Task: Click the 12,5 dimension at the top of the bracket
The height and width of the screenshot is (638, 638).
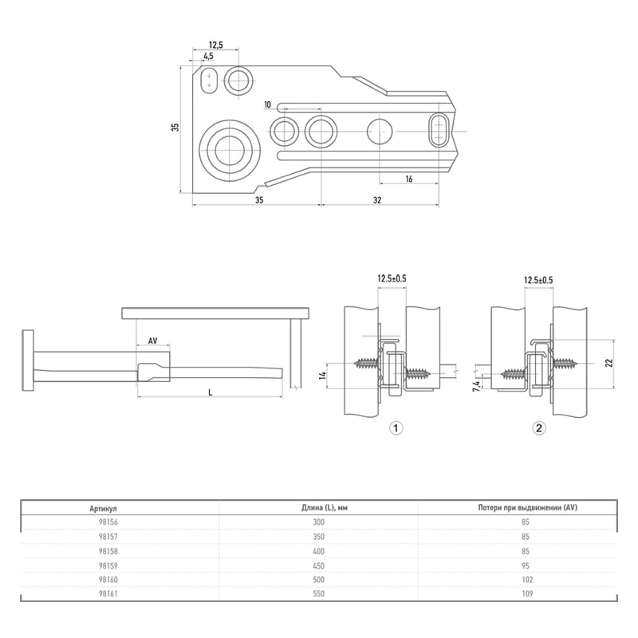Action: pyautogui.click(x=215, y=45)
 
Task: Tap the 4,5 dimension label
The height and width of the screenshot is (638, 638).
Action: pyautogui.click(x=208, y=56)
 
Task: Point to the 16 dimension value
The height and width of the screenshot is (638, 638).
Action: pyautogui.click(x=409, y=179)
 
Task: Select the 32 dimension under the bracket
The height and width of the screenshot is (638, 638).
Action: pyautogui.click(x=377, y=200)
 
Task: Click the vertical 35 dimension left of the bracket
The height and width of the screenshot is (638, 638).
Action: pyautogui.click(x=175, y=127)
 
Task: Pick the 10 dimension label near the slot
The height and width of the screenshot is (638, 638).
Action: pyautogui.click(x=267, y=105)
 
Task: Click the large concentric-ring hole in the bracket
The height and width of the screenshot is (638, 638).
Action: pyautogui.click(x=230, y=150)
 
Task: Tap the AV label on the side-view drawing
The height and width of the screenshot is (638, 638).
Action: pyautogui.click(x=152, y=341)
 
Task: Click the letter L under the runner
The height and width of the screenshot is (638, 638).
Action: pyautogui.click(x=211, y=392)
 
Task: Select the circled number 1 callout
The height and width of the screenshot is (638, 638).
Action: pyautogui.click(x=396, y=428)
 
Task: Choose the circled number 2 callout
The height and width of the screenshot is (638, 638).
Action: pyautogui.click(x=539, y=428)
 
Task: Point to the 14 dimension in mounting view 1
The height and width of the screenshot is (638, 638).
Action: pyautogui.click(x=321, y=375)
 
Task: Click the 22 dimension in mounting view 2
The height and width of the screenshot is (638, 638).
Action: pyautogui.click(x=608, y=363)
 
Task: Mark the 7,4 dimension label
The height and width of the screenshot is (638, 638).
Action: pyautogui.click(x=475, y=384)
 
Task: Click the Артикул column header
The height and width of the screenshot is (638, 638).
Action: pyautogui.click(x=104, y=508)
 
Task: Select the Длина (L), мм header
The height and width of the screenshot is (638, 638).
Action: pyautogui.click(x=325, y=508)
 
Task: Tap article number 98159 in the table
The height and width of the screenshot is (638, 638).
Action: pyautogui.click(x=108, y=565)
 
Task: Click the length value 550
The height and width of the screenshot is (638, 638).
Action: pyautogui.click(x=318, y=593)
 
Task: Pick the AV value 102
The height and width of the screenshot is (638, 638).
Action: pyautogui.click(x=527, y=580)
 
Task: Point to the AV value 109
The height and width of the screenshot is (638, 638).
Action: pyautogui.click(x=527, y=593)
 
